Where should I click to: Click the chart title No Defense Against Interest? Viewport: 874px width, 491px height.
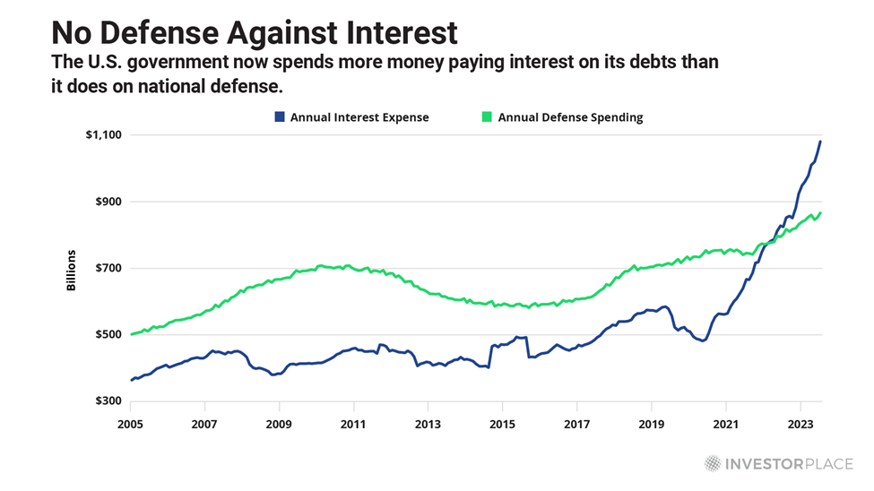tap(254, 33)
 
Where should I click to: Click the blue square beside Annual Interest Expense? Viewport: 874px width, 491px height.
tap(280, 117)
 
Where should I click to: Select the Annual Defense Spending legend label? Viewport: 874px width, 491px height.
tap(570, 117)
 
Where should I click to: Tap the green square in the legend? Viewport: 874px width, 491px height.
tap(488, 117)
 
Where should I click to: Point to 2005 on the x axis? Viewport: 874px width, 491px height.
tap(131, 420)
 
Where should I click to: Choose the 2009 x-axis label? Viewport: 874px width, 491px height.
tap(280, 420)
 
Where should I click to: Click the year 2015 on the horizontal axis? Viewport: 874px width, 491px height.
tap(503, 420)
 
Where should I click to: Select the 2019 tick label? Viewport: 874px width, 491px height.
tap(652, 420)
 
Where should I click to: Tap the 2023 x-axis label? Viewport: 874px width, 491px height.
tap(800, 420)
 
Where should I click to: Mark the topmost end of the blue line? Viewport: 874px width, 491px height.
tap(820, 142)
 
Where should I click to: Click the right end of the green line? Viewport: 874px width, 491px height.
tap(820, 213)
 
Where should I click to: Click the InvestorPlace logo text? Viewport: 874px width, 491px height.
tap(788, 463)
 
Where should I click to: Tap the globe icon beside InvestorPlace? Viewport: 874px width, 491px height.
tap(713, 463)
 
